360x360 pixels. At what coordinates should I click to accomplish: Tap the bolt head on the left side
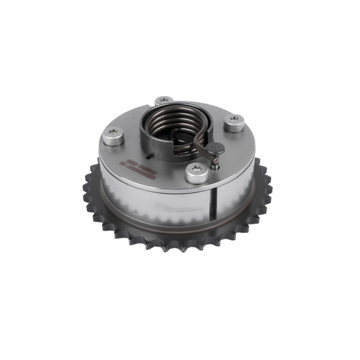coord(112,137)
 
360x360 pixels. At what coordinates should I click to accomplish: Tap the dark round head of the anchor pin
coord(215,148)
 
